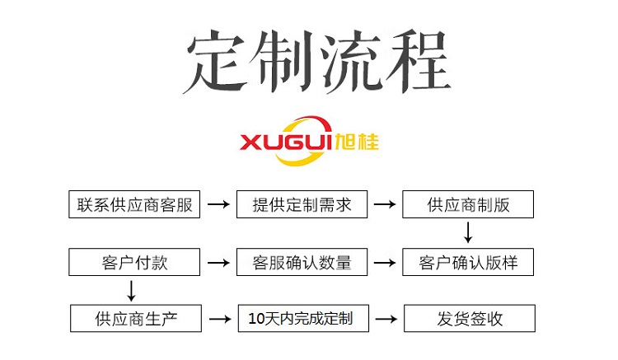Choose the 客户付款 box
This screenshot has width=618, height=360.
click(x=135, y=263)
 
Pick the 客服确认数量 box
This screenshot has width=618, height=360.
click(x=302, y=263)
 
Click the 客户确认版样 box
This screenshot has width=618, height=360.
click(x=468, y=263)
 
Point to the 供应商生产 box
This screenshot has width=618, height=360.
click(x=135, y=318)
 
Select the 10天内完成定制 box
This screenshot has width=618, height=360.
click(x=302, y=318)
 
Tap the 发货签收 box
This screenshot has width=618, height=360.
click(x=468, y=318)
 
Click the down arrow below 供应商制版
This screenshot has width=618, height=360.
click(x=468, y=233)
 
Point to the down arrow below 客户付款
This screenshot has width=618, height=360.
click(x=129, y=290)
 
